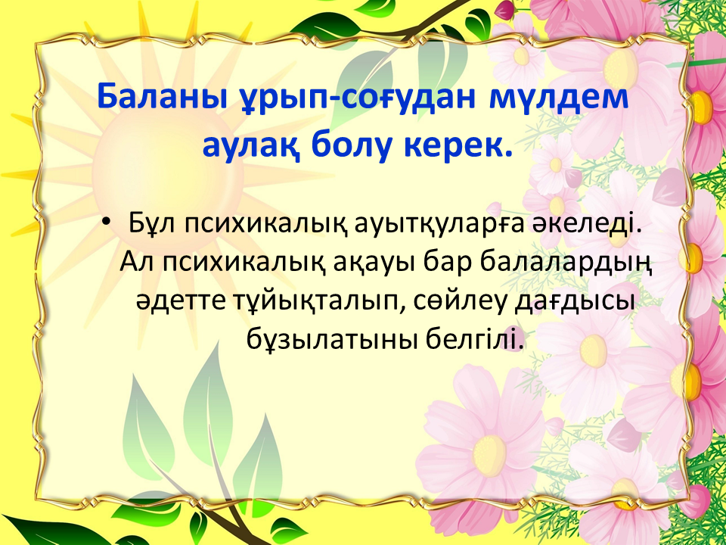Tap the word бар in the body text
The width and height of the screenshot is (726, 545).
[447, 263]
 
